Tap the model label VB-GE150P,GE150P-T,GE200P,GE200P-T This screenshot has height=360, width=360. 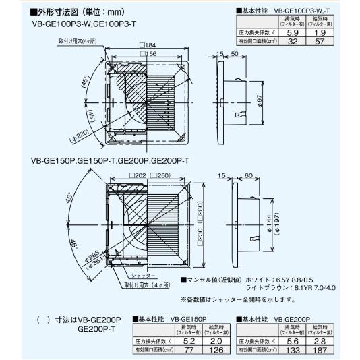[x=109, y=161]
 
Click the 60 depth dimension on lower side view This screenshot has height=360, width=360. [x=248, y=175]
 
